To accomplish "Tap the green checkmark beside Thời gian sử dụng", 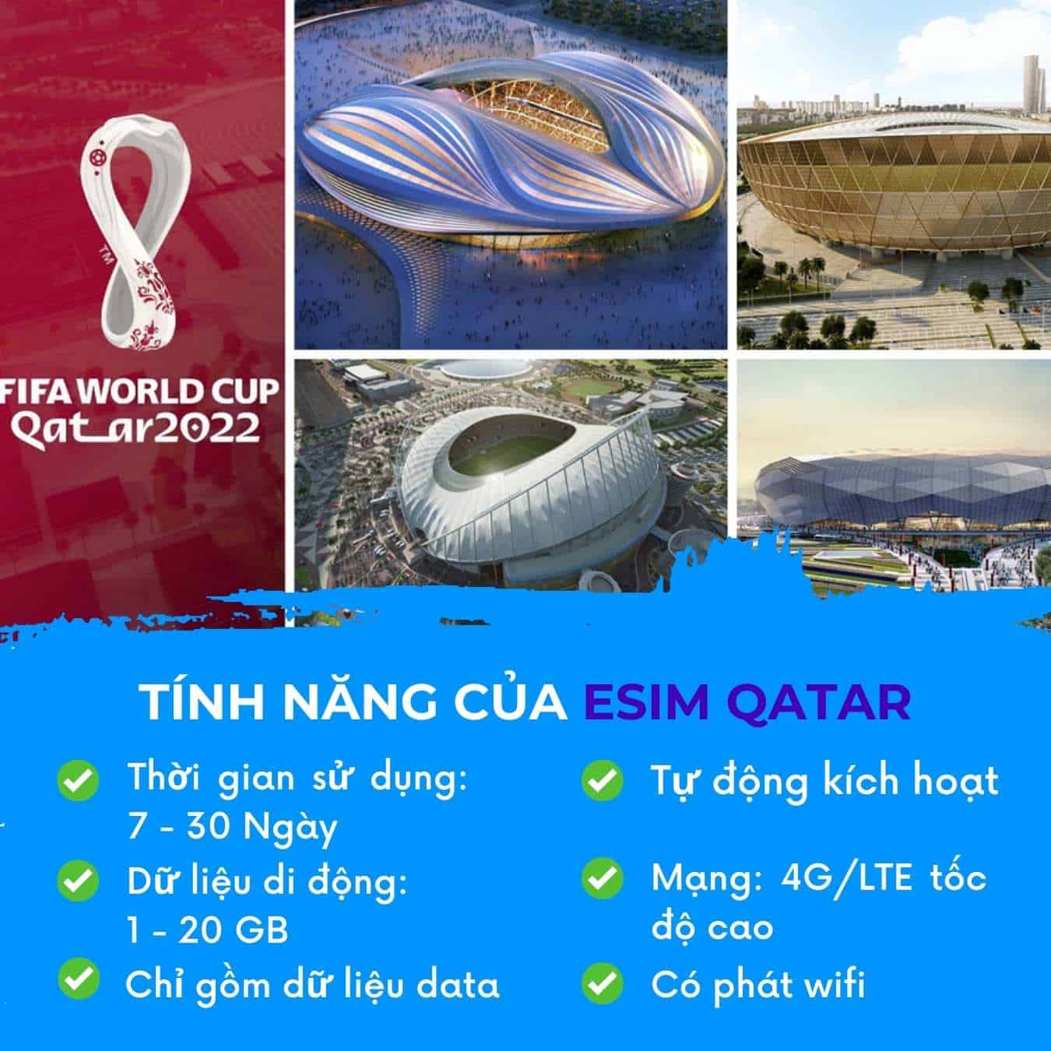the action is click(x=78, y=780).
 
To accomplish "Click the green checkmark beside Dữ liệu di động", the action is click(x=78, y=881).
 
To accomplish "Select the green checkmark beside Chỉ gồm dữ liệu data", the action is click(x=79, y=979).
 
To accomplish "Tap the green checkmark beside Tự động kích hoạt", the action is click(x=602, y=780).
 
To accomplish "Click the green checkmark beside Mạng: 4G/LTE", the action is click(x=602, y=878).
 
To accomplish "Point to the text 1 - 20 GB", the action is click(x=208, y=930).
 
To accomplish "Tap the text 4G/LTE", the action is click(x=846, y=879).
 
